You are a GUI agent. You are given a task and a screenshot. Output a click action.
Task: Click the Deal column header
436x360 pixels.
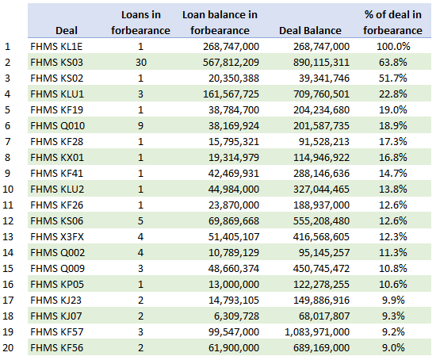(67, 30)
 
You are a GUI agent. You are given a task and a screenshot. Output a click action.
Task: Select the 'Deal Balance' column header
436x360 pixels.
(310, 30)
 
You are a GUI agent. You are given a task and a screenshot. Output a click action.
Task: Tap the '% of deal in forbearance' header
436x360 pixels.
(392, 22)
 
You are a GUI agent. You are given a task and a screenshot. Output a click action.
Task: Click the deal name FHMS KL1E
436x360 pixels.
(56, 46)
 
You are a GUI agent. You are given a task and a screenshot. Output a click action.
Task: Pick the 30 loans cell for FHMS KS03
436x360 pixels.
(141, 62)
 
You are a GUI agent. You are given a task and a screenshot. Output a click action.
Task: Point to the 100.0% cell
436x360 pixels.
(393, 46)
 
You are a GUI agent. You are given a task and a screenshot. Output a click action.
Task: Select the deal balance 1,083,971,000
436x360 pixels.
(317, 331)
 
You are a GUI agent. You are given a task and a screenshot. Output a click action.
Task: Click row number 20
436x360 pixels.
(8, 347)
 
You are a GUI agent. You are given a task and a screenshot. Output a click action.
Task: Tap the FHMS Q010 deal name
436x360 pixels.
(58, 125)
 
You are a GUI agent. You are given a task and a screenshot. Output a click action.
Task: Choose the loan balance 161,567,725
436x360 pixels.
(231, 94)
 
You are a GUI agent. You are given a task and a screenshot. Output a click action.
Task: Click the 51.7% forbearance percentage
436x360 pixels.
(393, 78)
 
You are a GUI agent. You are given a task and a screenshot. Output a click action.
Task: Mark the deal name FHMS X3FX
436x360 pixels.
(57, 236)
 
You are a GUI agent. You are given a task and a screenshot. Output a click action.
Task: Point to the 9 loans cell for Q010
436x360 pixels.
(140, 125)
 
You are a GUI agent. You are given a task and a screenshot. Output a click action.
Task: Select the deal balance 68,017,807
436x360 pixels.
(324, 316)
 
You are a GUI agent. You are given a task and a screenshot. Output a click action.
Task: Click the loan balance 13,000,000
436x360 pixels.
(234, 284)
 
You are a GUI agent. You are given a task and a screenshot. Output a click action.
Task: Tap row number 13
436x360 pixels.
(8, 236)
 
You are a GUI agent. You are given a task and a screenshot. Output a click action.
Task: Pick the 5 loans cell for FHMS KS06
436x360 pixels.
(140, 220)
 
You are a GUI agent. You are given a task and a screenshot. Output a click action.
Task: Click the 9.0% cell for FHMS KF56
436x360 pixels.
(393, 347)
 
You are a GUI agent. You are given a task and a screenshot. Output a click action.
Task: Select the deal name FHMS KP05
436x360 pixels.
(57, 284)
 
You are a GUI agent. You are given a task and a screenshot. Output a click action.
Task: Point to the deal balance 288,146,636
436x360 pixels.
(321, 173)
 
